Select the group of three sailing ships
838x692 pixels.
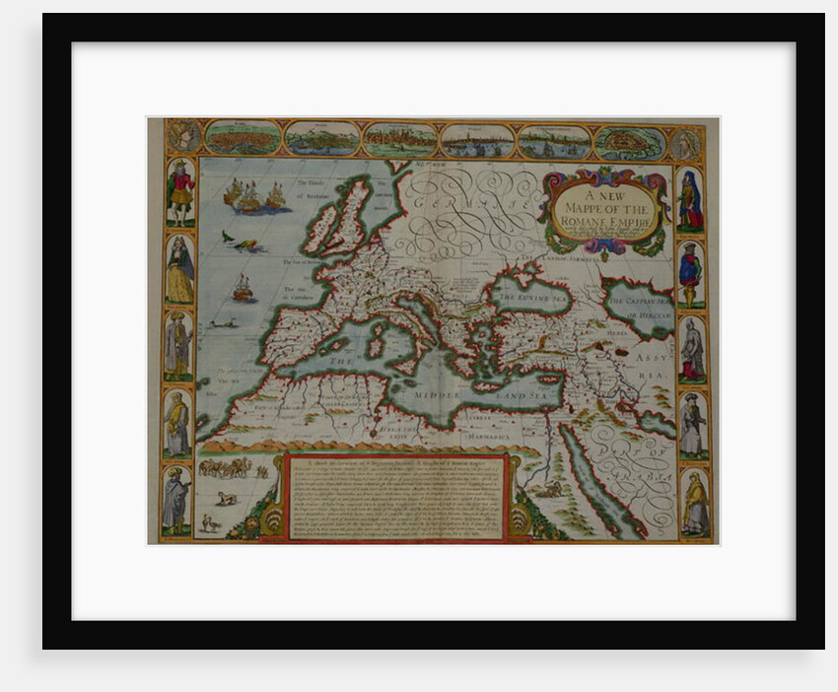[x=254, y=196]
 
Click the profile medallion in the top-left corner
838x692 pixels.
[x=183, y=136]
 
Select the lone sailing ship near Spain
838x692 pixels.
[x=242, y=288]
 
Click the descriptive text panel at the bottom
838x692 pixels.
[x=395, y=498]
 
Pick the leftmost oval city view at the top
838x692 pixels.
[x=242, y=138]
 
